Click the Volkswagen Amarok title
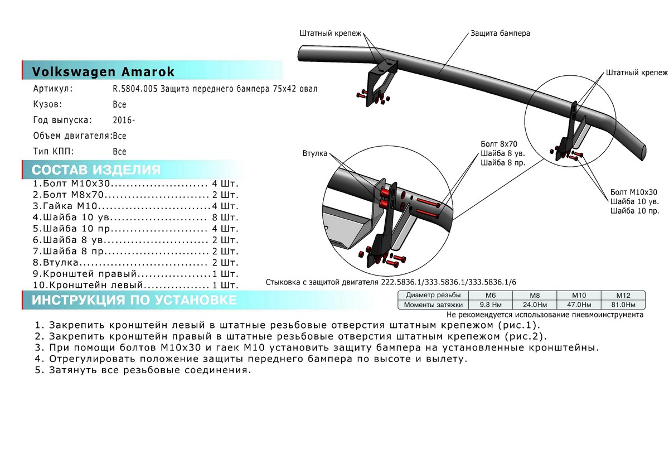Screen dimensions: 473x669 (x=103, y=72)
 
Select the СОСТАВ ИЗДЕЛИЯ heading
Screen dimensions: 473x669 (x=96, y=170)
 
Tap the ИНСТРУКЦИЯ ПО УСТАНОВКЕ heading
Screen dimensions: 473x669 (x=134, y=301)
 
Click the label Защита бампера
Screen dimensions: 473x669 (x=500, y=33)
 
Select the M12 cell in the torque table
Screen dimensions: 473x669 (x=623, y=295)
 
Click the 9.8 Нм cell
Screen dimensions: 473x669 (x=491, y=305)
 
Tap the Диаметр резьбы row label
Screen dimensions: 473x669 (x=433, y=295)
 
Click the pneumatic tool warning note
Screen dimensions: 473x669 (x=545, y=315)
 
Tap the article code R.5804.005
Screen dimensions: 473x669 (x=135, y=89)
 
